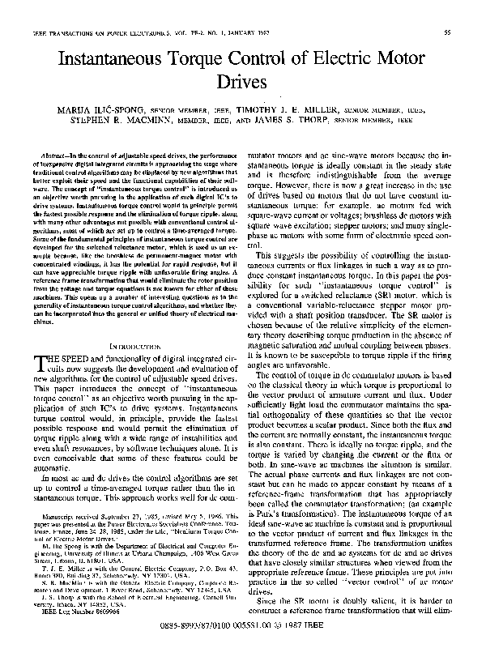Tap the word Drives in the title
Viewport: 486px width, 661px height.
(243, 82)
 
